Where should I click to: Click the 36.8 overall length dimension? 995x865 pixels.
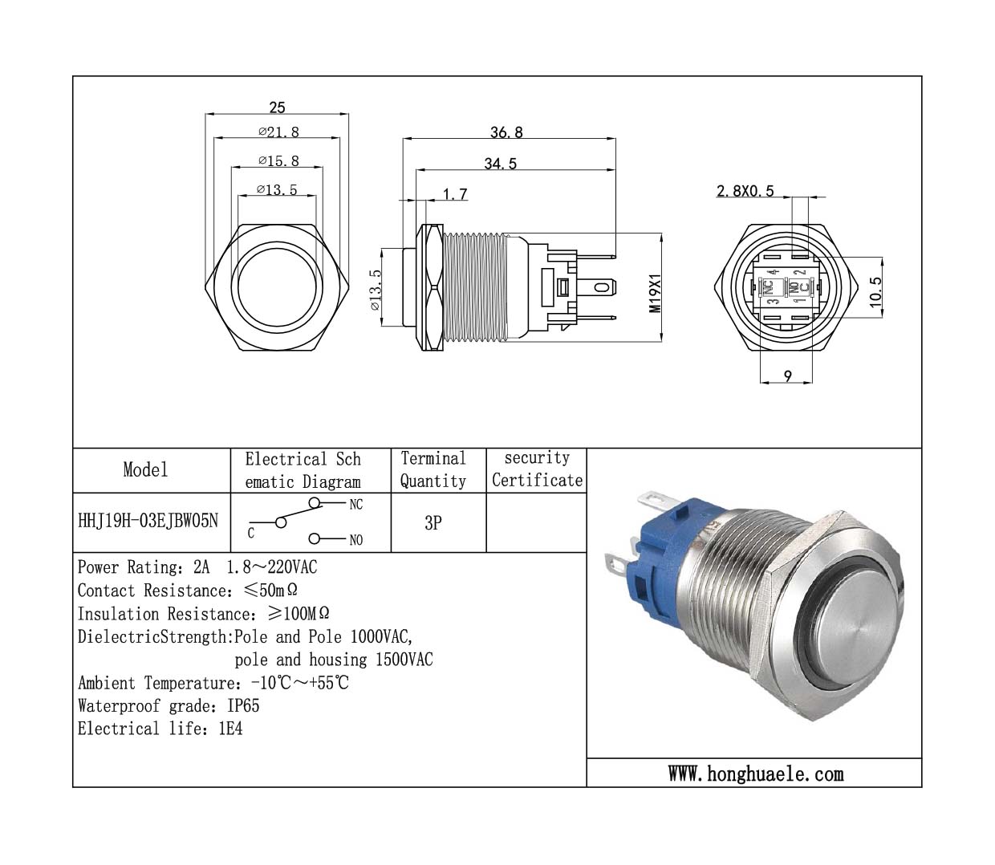(x=506, y=132)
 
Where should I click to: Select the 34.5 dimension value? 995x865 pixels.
(x=500, y=164)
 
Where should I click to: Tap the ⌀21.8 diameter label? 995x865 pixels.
(x=278, y=132)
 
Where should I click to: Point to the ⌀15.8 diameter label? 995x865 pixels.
(x=278, y=161)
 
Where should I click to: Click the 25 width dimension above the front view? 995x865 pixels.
(x=277, y=108)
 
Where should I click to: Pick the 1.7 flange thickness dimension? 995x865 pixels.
(x=455, y=194)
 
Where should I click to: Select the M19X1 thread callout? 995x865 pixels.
(x=656, y=293)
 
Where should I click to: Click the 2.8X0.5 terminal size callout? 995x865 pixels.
(x=745, y=191)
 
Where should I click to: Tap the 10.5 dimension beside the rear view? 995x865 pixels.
(x=875, y=292)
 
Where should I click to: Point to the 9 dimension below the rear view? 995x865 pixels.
(x=788, y=376)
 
